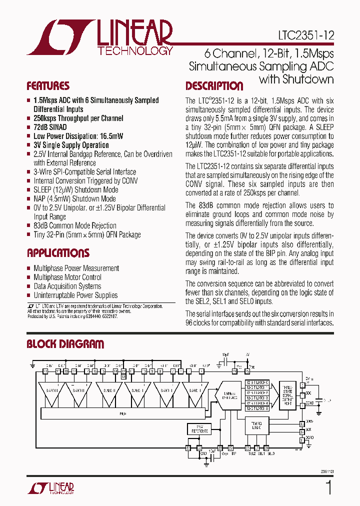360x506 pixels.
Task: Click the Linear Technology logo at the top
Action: [x=100, y=37]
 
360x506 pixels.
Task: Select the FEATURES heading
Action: [x=48, y=85]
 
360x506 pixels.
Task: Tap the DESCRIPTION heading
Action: [x=214, y=86]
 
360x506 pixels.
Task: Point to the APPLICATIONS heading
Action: [x=58, y=253]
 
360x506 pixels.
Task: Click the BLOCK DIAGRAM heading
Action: [x=65, y=344]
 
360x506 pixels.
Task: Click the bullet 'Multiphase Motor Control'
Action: [x=67, y=277]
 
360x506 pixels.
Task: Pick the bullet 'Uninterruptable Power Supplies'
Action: [x=75, y=295]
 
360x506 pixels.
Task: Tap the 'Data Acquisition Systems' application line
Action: [x=67, y=286]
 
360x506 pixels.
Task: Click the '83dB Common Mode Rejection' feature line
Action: [x=75, y=225]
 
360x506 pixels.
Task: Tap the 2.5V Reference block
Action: [x=198, y=428]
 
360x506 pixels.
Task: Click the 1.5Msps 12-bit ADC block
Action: [x=230, y=395]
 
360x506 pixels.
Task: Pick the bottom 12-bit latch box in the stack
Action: [x=257, y=408]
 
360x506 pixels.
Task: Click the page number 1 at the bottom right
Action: [x=328, y=487]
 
